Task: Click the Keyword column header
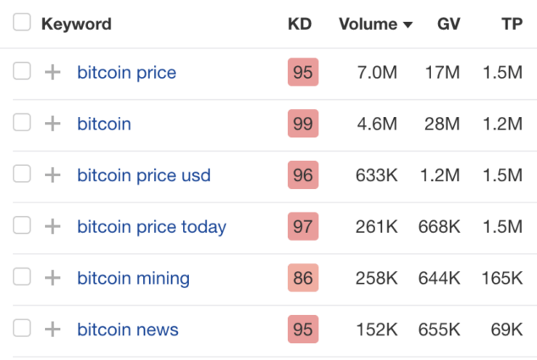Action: pyautogui.click(x=75, y=24)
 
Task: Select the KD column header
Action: pyautogui.click(x=300, y=24)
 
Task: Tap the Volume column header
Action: pyautogui.click(x=368, y=24)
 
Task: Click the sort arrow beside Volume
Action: pyautogui.click(x=408, y=25)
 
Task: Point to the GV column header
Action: pyautogui.click(x=448, y=24)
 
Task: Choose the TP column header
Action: pyautogui.click(x=512, y=24)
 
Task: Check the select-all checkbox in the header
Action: pyautogui.click(x=22, y=23)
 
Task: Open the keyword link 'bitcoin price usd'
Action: pyautogui.click(x=144, y=175)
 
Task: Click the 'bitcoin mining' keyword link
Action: pyautogui.click(x=133, y=278)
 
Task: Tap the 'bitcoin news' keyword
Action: pyautogui.click(x=128, y=330)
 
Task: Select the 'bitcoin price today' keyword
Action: pyautogui.click(x=152, y=227)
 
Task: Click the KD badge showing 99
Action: pyautogui.click(x=302, y=124)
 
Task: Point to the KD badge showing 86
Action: pyautogui.click(x=302, y=278)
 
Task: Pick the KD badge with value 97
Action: pyautogui.click(x=302, y=227)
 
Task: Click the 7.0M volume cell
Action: pyautogui.click(x=378, y=73)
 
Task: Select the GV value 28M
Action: pyautogui.click(x=443, y=124)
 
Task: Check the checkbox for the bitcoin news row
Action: pyautogui.click(x=22, y=329)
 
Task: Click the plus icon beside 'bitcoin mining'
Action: pyautogui.click(x=53, y=278)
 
